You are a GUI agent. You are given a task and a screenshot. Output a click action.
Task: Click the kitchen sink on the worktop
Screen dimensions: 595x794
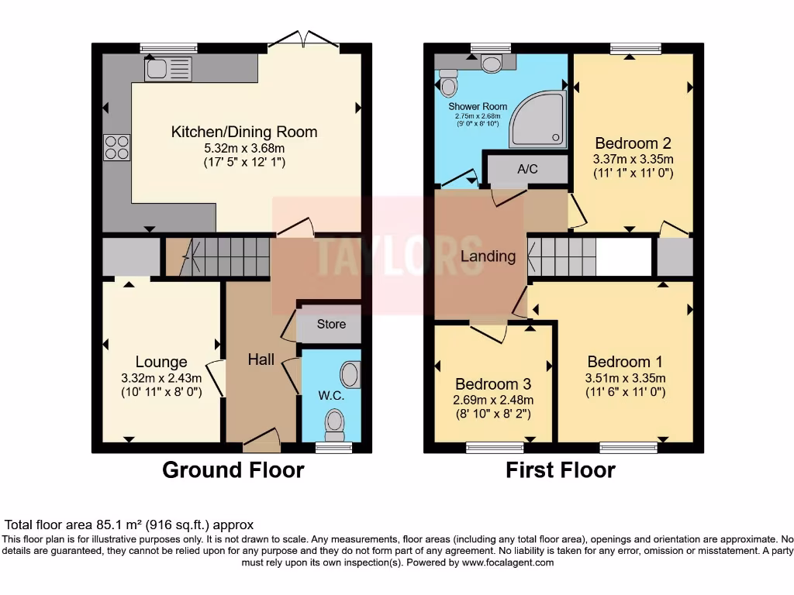coord(166,70)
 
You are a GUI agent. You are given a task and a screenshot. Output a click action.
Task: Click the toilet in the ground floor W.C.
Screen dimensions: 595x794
coord(335,422)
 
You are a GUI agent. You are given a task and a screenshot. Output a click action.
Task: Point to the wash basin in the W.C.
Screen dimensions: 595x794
coord(351,376)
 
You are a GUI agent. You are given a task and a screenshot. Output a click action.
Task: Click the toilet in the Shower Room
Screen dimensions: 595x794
coord(449,81)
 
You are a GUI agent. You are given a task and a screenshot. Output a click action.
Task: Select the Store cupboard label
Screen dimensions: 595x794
coord(331,325)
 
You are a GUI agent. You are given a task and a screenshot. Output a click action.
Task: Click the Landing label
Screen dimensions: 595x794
coord(488,256)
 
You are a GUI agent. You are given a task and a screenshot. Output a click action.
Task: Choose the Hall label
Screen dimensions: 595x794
coord(261,359)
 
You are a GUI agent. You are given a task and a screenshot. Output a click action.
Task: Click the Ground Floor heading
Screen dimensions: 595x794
coord(233,470)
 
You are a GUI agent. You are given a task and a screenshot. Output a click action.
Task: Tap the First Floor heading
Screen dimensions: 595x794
coord(561,470)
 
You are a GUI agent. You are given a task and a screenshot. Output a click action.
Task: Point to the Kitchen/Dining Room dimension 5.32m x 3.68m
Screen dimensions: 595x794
coord(244,148)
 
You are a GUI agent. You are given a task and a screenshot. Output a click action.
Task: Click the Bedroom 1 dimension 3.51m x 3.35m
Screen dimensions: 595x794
coord(624,379)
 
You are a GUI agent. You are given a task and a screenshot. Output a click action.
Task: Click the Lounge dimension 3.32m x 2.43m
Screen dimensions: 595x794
coord(161,378)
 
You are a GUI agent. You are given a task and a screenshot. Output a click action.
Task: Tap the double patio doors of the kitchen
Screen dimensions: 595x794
coord(304,40)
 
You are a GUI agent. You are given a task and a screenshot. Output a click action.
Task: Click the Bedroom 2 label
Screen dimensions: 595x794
coord(633,143)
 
